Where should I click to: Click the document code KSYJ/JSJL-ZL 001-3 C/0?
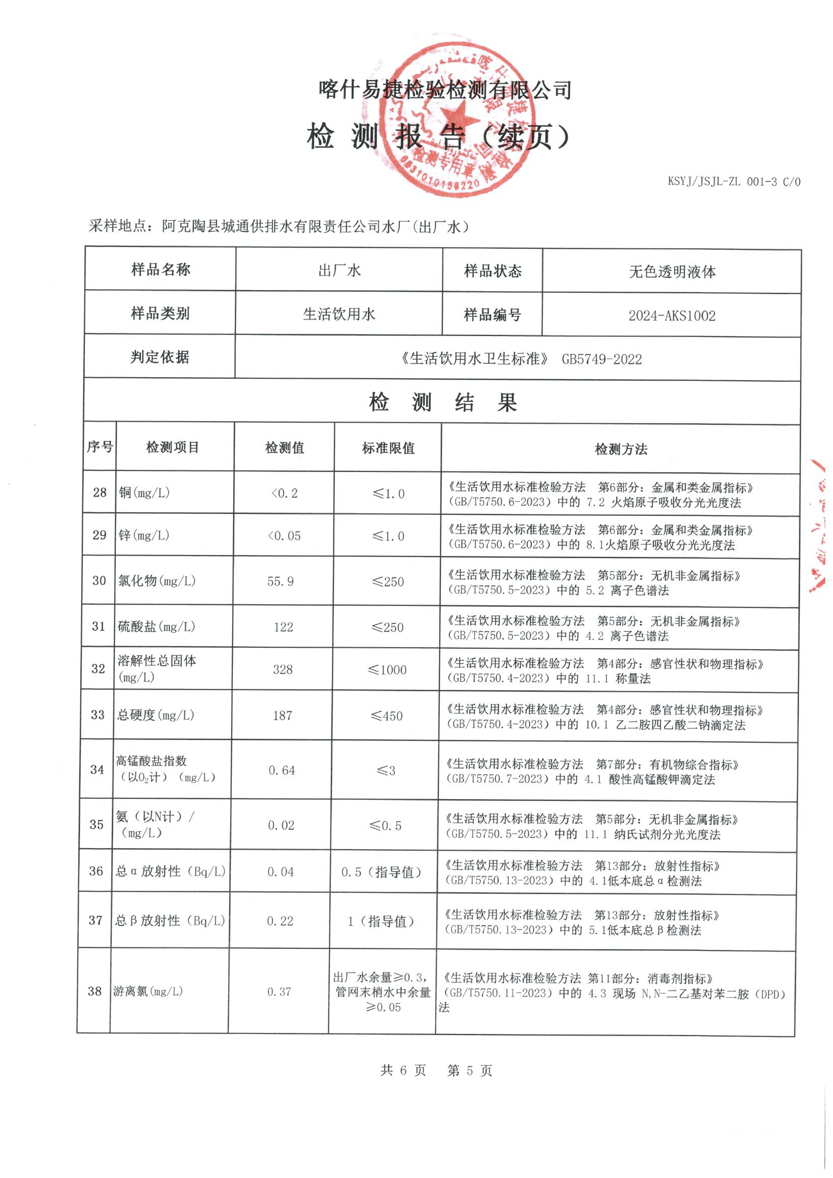733,181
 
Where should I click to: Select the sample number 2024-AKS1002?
671,315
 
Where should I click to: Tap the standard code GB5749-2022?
601,359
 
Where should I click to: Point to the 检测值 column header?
285,448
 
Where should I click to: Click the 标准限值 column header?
388,448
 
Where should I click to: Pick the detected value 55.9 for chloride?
281,581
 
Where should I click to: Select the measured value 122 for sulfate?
283,627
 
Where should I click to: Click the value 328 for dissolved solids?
283,670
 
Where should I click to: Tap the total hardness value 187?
282,716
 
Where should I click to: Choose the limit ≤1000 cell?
387,670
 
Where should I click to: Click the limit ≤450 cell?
387,716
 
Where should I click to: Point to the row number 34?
97,769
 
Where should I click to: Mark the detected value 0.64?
282,770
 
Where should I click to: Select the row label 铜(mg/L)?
144,493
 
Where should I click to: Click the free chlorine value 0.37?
279,992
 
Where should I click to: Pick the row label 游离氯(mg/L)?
148,991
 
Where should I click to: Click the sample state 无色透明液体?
672,272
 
